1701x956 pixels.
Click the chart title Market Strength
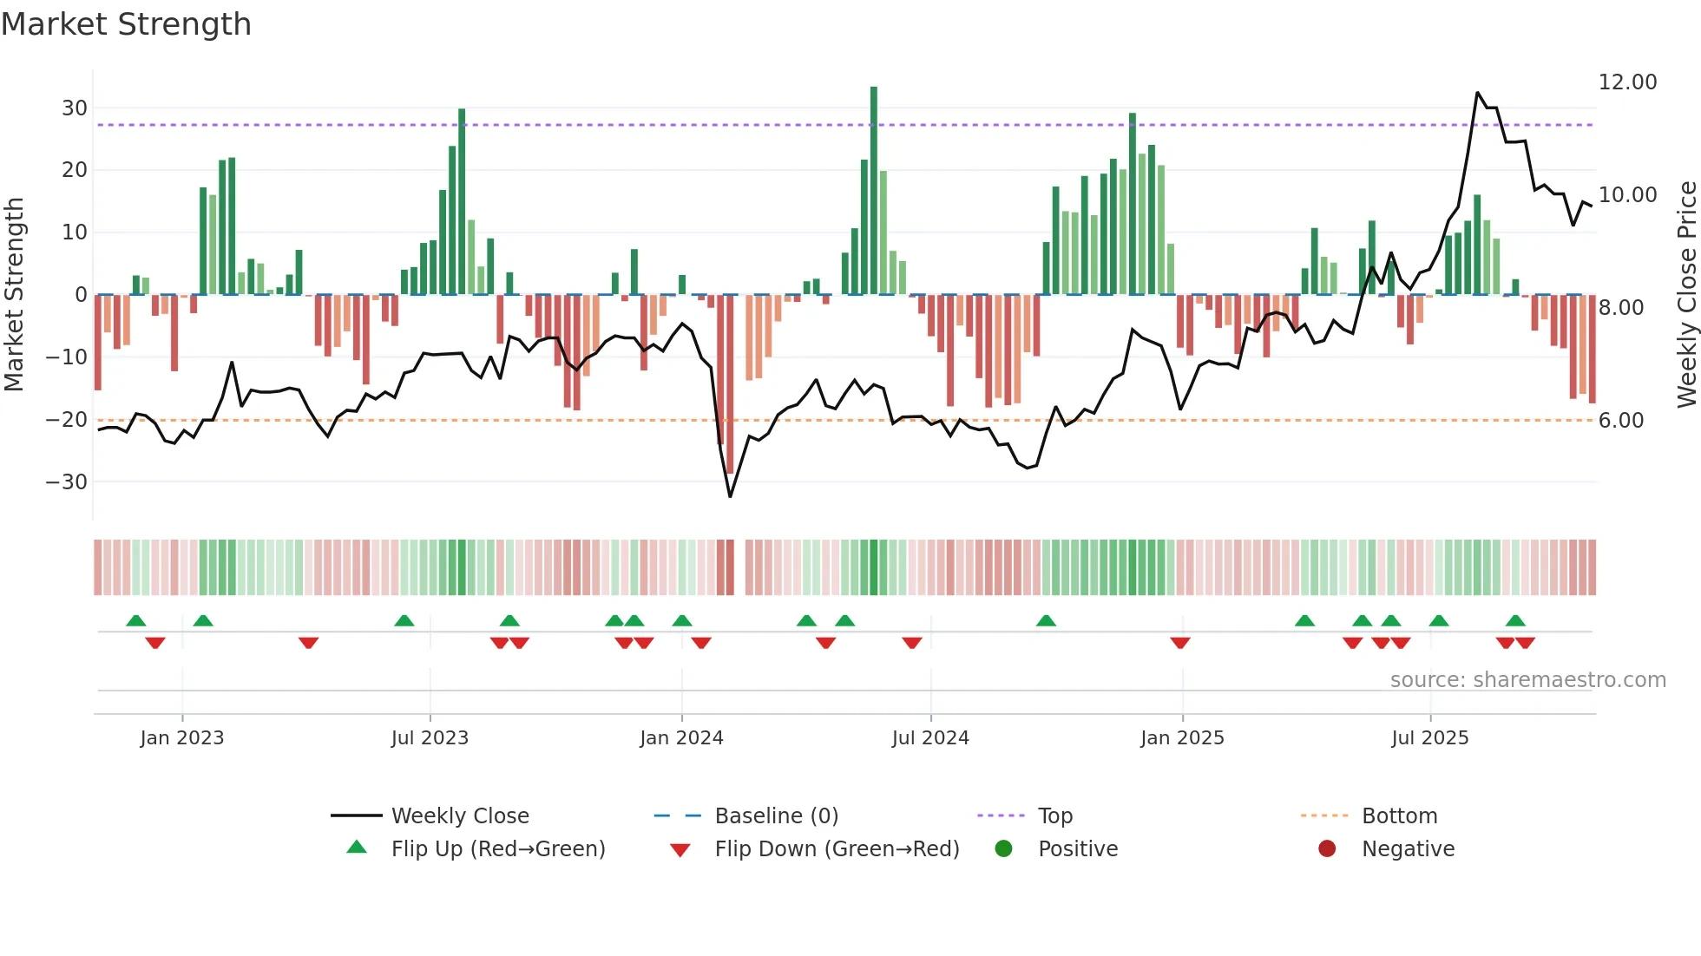coord(126,24)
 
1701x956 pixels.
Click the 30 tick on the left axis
coord(75,108)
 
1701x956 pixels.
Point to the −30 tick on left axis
coord(67,481)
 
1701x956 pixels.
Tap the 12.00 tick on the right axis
coord(1627,82)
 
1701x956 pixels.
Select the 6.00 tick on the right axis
coord(1620,421)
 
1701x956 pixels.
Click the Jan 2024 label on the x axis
coord(681,738)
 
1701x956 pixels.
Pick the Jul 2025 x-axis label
coord(1429,738)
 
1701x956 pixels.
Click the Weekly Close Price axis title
coord(1686,295)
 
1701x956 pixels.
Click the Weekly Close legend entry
coord(459,816)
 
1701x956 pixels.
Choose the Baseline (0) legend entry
coord(776,816)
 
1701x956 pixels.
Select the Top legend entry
coord(1054,816)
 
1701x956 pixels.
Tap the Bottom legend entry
coord(1399,816)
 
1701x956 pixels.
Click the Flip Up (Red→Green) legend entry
coord(497,849)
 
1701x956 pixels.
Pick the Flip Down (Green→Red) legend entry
coord(837,849)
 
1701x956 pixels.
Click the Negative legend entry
coord(1408,849)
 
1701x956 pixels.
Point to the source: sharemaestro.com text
coord(1527,680)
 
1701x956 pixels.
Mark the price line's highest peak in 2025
coord(1477,93)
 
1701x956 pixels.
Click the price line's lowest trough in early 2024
coord(730,496)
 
